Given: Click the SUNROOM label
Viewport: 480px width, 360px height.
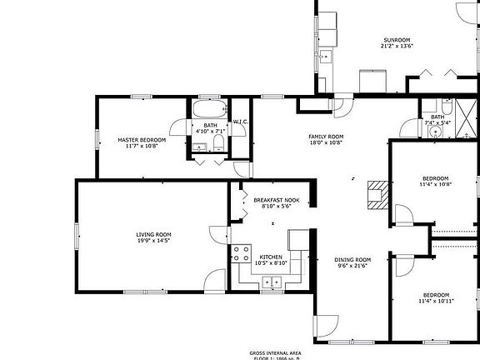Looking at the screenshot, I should (x=397, y=39).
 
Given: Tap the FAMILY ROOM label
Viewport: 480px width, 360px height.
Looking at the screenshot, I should (x=326, y=137).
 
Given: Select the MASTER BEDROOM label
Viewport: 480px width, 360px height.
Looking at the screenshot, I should (x=141, y=140).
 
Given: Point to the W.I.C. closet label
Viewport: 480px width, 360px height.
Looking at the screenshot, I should (x=241, y=122).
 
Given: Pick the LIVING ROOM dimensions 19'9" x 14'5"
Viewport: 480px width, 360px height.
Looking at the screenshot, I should (x=153, y=241).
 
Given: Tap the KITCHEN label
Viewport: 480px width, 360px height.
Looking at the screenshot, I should (x=271, y=256).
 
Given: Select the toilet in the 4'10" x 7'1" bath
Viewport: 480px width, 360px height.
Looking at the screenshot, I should (x=218, y=144).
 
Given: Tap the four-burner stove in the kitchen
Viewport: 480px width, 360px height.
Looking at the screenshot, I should (x=242, y=252).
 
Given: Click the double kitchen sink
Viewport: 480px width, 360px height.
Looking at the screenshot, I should (x=272, y=282).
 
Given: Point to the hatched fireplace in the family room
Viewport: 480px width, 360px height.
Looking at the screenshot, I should (x=376, y=192).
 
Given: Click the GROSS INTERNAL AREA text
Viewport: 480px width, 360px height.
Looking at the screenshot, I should (x=274, y=352).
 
